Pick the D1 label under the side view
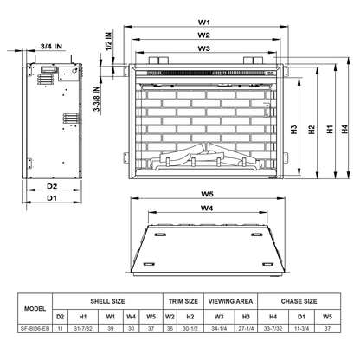click(x=52, y=198)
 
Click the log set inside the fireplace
click(x=205, y=158)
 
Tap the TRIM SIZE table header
click(x=183, y=301)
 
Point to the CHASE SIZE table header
click(x=299, y=301)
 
